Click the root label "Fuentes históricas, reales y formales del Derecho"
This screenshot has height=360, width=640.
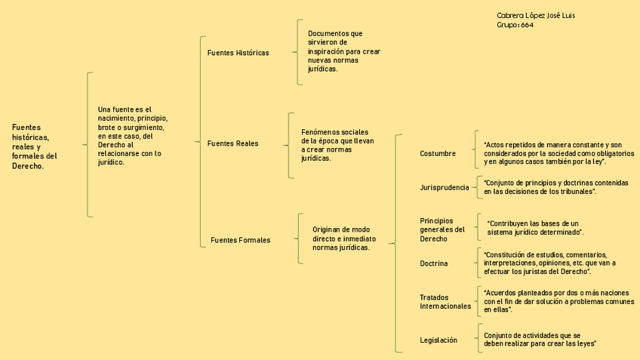click(35, 146)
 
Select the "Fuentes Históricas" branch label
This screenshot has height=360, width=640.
click(238, 53)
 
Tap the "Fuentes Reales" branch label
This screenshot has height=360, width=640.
click(232, 143)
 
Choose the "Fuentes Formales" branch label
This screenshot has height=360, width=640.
click(240, 240)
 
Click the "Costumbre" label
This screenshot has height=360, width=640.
click(438, 154)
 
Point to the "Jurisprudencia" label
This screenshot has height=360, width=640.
click(445, 187)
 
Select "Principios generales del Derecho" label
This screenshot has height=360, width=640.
click(442, 229)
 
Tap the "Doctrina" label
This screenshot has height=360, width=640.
click(434, 263)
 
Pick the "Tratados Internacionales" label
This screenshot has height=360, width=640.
click(445, 302)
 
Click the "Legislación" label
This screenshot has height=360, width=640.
click(438, 340)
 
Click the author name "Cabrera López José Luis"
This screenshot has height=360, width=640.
click(540, 16)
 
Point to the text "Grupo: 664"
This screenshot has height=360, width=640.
click(515, 26)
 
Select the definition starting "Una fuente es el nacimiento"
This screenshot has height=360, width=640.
click(133, 136)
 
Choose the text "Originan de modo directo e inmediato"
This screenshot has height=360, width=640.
click(341, 238)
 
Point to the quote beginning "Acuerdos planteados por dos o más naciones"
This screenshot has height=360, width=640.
click(558, 301)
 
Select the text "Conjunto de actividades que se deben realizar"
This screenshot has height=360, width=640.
click(540, 339)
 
